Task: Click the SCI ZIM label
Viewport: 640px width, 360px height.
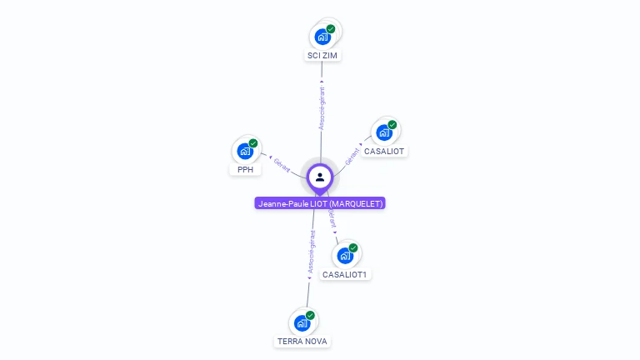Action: click(x=323, y=56)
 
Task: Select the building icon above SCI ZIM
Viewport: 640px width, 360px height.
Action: click(x=322, y=37)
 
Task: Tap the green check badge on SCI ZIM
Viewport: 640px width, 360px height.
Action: click(x=331, y=29)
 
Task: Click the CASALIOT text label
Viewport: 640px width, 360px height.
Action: click(x=384, y=152)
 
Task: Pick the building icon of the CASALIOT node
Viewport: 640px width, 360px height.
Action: click(x=383, y=132)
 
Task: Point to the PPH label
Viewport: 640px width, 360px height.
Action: click(x=245, y=170)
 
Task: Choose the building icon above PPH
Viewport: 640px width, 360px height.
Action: click(x=244, y=151)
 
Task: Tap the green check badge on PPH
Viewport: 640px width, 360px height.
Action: click(x=253, y=143)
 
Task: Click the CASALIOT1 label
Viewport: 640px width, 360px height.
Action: click(x=345, y=275)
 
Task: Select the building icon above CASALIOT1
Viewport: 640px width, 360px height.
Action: click(x=345, y=256)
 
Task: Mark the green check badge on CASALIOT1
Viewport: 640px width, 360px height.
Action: click(x=353, y=248)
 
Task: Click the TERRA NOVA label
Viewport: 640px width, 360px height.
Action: click(x=302, y=342)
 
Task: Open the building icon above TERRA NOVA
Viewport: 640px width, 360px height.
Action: click(x=302, y=322)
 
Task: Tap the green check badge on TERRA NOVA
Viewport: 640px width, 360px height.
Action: click(x=310, y=315)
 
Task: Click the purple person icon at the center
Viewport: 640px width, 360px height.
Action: click(x=320, y=177)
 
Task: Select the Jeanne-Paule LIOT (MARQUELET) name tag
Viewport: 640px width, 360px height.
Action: click(x=320, y=203)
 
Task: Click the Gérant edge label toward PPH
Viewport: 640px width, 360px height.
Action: click(x=282, y=165)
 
